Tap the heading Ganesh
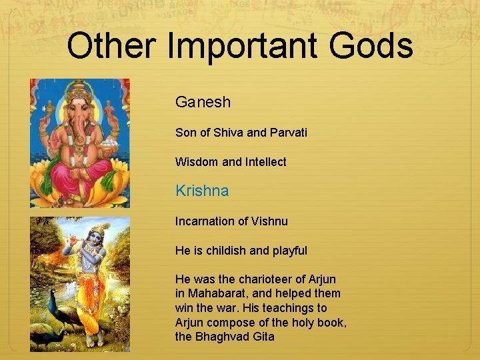point(203,102)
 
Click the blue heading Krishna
point(202,191)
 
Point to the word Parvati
point(289,133)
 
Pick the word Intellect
point(265,162)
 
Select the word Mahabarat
point(218,293)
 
